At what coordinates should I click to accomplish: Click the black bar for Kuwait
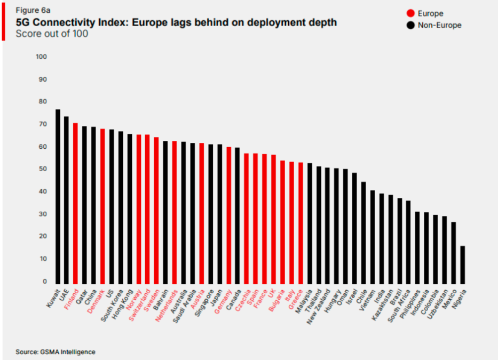[x=58, y=196]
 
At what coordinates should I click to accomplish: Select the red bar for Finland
[x=75, y=204]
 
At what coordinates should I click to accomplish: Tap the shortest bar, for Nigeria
[x=463, y=265]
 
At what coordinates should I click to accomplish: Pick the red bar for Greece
[x=301, y=223]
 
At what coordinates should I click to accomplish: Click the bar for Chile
[x=363, y=233]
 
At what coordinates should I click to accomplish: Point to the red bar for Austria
[x=201, y=214]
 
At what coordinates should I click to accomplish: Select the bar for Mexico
[x=454, y=253]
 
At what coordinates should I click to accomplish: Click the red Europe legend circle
[x=410, y=13]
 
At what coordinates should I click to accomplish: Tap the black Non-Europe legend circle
[x=410, y=25]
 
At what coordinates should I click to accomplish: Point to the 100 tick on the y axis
[x=41, y=57]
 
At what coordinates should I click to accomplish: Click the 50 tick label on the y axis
[x=43, y=169]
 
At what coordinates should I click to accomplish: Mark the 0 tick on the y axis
[x=45, y=281]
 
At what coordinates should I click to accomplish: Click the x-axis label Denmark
[x=96, y=301]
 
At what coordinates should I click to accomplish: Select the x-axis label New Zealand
[x=318, y=307]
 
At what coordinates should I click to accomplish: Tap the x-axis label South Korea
[x=112, y=306]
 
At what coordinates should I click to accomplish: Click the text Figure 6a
[x=33, y=10]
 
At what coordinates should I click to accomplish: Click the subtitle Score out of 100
[x=52, y=34]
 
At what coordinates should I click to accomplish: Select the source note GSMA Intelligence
[x=68, y=352]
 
